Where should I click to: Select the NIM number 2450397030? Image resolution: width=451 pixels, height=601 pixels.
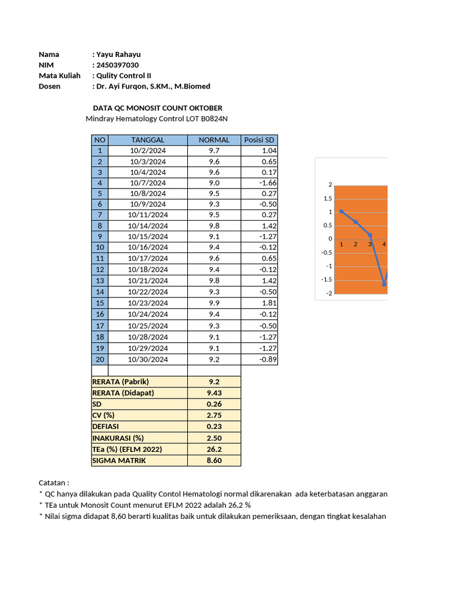pos(117,65)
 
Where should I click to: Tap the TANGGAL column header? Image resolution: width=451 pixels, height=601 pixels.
pos(148,140)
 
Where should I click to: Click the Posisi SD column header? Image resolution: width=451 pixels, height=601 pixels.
pos(259,140)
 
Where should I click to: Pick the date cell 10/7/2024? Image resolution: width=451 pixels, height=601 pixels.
pos(148,183)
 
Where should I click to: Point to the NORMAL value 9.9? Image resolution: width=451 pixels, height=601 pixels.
pos(214,303)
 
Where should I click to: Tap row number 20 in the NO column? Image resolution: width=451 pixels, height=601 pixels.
pos(100,359)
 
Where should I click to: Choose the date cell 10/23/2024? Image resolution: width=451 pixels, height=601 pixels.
pos(148,303)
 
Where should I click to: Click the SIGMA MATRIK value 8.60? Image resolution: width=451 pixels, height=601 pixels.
pos(214,461)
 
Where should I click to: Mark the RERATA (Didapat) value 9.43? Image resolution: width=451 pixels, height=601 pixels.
pos(214,393)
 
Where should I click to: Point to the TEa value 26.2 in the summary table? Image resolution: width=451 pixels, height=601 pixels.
pos(214,449)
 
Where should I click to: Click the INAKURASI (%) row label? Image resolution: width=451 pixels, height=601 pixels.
pos(117,438)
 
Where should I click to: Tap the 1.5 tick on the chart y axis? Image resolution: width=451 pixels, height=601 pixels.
pos(328,198)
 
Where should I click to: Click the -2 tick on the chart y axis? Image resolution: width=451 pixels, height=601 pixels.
pos(329,293)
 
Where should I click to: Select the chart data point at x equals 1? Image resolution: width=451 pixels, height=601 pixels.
pos(342,211)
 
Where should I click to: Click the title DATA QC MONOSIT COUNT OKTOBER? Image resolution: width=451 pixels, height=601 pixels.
pos(158,108)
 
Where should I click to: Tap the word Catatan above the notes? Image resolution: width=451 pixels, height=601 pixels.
pos(54,482)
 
